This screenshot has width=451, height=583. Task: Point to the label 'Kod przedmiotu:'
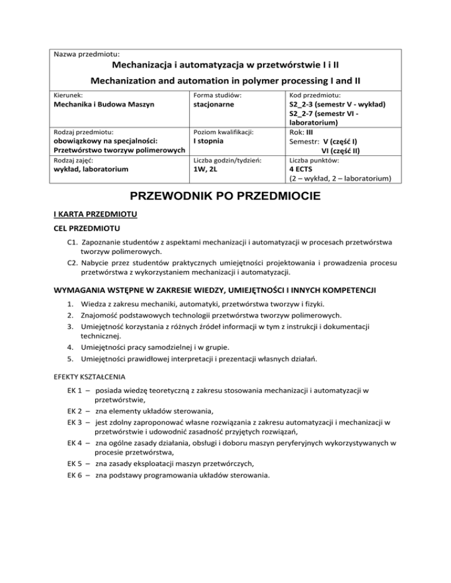[x=316, y=94]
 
